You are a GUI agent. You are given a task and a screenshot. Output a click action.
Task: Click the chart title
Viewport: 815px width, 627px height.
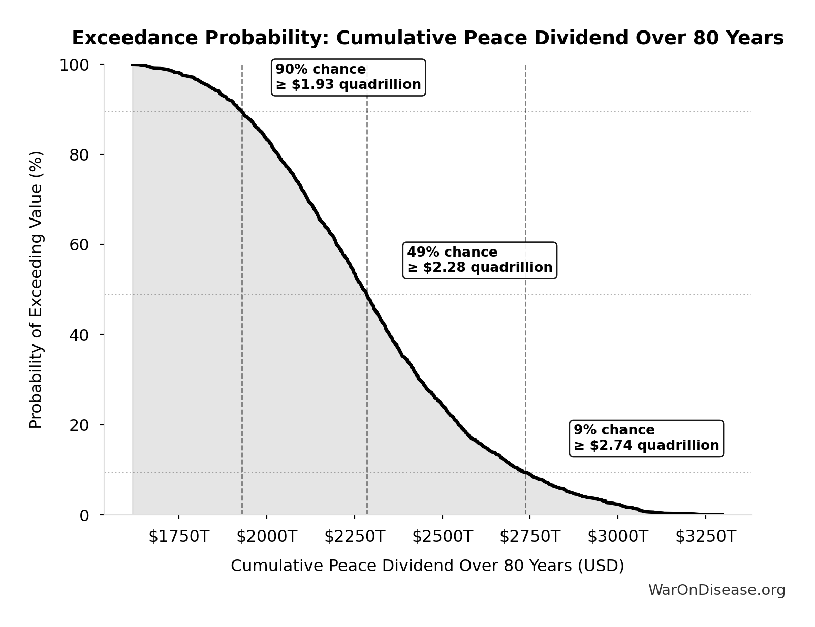click(427, 38)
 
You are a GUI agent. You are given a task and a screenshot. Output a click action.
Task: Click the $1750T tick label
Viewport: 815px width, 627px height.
click(179, 537)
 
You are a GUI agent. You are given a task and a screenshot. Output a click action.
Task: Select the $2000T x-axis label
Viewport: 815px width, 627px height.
click(267, 537)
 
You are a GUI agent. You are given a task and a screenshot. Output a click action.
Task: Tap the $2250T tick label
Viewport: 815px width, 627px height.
click(355, 537)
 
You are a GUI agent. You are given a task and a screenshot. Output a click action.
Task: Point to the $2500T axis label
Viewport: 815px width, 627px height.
click(442, 537)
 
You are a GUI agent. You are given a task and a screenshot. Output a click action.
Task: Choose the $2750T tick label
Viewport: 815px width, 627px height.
click(530, 537)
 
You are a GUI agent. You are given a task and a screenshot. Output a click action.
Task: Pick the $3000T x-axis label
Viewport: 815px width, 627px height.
click(618, 537)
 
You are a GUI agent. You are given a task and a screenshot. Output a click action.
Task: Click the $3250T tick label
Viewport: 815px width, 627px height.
click(705, 537)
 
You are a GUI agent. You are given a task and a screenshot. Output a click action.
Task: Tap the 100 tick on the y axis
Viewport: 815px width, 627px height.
click(74, 65)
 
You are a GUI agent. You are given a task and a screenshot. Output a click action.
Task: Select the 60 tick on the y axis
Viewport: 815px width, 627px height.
click(79, 245)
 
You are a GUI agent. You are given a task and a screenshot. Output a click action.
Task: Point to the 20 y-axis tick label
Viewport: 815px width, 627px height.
click(79, 425)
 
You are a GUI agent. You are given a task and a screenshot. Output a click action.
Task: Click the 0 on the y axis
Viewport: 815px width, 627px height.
click(84, 515)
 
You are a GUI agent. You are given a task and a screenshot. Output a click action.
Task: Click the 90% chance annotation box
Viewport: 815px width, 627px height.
click(349, 77)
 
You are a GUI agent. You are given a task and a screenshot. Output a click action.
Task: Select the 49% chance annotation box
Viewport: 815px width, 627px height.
click(480, 260)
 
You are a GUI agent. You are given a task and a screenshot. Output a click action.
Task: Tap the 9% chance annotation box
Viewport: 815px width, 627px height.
click(646, 438)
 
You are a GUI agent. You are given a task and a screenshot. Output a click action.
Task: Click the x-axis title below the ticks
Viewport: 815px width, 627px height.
click(427, 566)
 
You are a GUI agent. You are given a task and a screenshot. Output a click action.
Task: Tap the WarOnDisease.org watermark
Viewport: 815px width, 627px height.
click(716, 590)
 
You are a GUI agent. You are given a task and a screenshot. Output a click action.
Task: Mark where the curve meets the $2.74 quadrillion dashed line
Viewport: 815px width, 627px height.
click(525, 473)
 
